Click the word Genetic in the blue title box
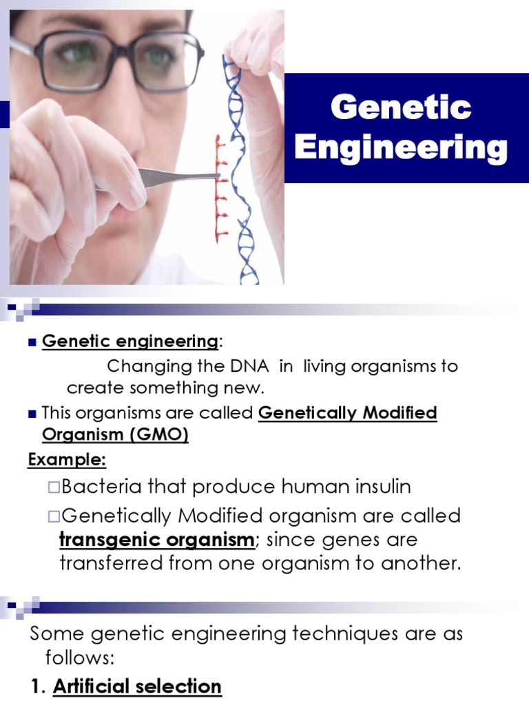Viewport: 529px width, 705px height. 401,108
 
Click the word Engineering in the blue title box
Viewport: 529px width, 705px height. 401,148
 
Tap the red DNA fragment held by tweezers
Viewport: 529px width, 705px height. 220,189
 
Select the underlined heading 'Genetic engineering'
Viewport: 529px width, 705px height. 129,341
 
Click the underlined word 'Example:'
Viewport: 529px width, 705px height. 67,459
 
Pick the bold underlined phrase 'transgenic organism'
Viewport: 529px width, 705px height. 157,540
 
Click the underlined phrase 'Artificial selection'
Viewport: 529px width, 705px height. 137,686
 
